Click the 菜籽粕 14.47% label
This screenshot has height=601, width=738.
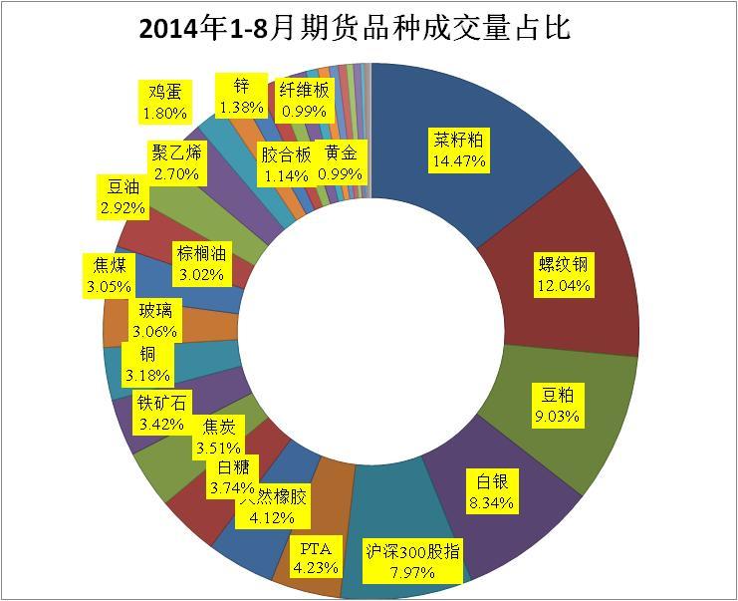pos(459,149)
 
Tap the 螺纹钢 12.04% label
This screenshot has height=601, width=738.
pos(563,274)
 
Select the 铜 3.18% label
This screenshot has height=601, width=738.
pos(146,364)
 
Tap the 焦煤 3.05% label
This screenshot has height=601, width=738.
pos(109,275)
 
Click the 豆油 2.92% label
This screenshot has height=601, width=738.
pos(123,197)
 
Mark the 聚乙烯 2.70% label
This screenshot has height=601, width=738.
pos(176,162)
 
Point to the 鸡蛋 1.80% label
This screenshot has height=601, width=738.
pos(164,103)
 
